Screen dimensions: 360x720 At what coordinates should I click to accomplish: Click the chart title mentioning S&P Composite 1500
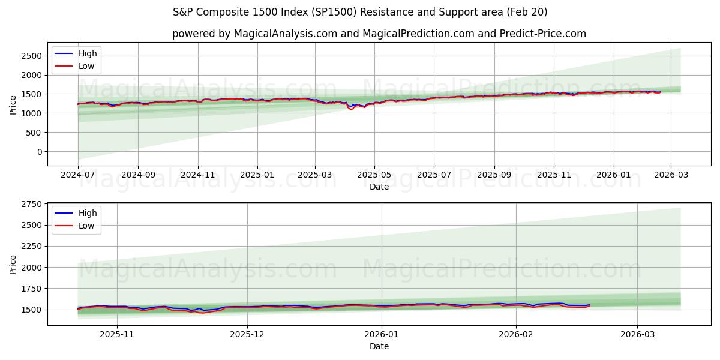(x=360, y=12)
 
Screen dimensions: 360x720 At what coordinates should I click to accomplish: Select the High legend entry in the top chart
(x=87, y=53)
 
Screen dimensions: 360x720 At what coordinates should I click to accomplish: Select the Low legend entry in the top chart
(x=86, y=66)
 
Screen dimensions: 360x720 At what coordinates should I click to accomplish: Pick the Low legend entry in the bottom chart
(x=86, y=227)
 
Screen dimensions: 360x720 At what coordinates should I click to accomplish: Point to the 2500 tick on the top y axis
(x=31, y=56)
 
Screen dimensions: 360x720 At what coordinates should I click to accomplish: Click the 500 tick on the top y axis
(x=34, y=133)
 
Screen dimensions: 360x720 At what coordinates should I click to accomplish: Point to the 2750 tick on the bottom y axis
(x=31, y=205)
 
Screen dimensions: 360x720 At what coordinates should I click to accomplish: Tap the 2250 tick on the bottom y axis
(x=31, y=247)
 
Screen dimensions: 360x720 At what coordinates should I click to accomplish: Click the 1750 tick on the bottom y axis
(x=31, y=289)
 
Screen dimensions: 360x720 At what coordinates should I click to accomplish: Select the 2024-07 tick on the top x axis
(x=78, y=175)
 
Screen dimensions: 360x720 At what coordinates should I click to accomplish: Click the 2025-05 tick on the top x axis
(x=374, y=175)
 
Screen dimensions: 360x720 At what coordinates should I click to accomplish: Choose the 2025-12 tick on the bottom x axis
(x=247, y=334)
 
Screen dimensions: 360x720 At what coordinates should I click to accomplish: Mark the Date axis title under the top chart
(x=379, y=187)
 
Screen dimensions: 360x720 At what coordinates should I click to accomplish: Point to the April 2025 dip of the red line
(x=352, y=109)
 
